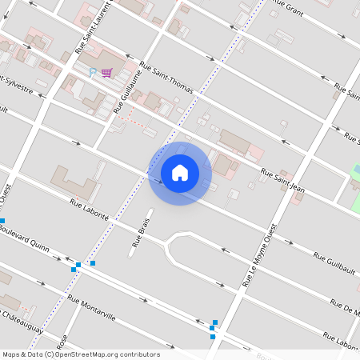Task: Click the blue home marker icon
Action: click(180, 172)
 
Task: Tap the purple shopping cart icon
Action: click(106, 73)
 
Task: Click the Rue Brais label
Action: click(141, 235)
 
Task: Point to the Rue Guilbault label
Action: click(334, 261)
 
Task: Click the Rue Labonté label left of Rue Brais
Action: click(89, 210)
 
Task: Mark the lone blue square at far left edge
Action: click(2, 220)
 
